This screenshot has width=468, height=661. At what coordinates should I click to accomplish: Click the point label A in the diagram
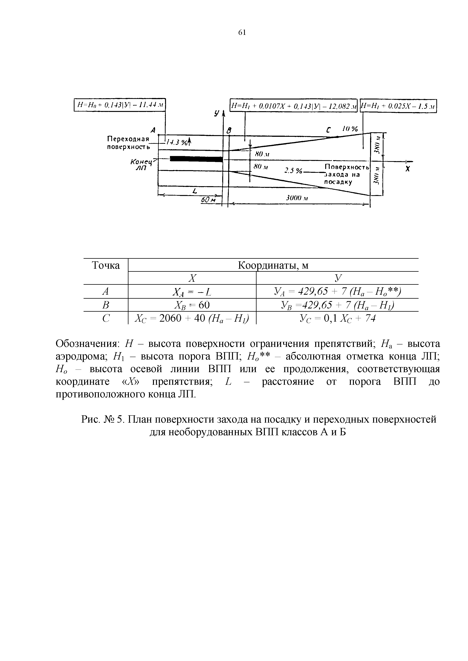[x=153, y=130]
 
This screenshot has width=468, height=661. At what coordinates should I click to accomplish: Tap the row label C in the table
[x=106, y=318]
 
